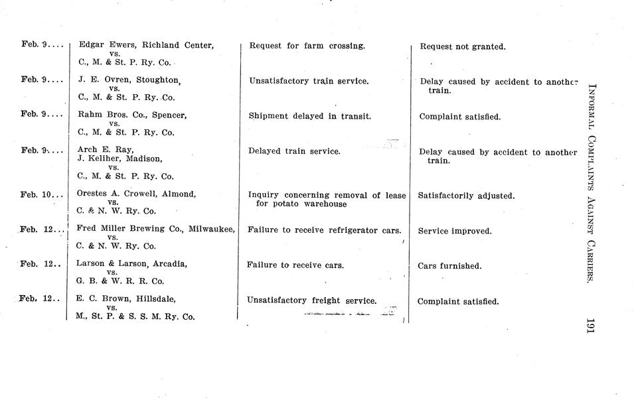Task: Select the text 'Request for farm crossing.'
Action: click(307, 46)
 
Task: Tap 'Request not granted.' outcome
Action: click(463, 47)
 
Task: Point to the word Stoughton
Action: click(158, 80)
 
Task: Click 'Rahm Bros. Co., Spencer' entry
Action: click(132, 115)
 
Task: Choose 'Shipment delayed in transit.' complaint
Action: click(309, 116)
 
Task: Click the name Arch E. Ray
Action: click(105, 150)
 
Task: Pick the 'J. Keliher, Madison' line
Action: click(119, 159)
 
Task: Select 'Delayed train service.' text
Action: click(294, 151)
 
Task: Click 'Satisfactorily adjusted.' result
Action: click(466, 196)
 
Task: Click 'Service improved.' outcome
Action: click(455, 232)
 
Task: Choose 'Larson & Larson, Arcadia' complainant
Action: click(131, 264)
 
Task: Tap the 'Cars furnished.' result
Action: click(449, 266)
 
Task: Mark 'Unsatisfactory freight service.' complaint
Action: click(311, 300)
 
